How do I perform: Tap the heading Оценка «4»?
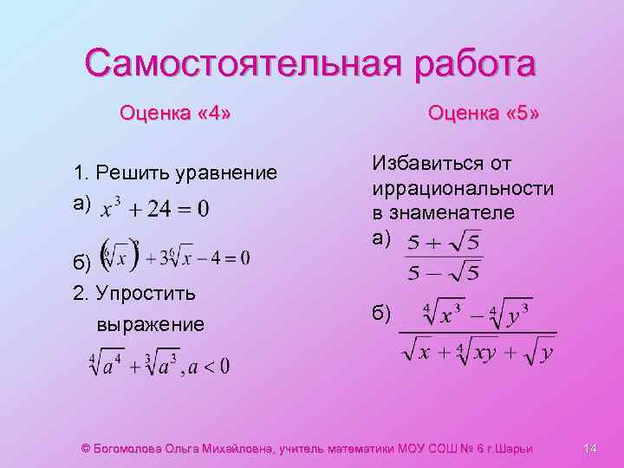coord(175,113)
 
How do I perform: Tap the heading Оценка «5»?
coord(484,113)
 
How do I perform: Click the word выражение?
coord(151,324)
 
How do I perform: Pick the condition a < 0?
coord(209,366)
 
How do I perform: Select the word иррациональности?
coord(463,188)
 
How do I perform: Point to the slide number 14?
coord(591,448)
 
